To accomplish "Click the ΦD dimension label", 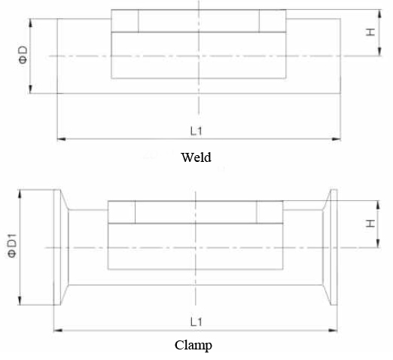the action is [23, 55].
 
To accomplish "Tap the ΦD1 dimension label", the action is [12, 246].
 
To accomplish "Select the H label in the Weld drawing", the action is [370, 32].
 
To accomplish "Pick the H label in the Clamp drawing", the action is [370, 224].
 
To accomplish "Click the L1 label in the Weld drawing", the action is [196, 131].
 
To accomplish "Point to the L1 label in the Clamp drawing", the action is [196, 322].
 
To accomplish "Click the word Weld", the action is [196, 157].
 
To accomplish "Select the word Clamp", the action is [193, 346].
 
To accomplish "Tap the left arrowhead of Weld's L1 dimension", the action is [62, 139].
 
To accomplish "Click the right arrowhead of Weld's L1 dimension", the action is [337, 139].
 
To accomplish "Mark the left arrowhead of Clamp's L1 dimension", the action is [58, 331].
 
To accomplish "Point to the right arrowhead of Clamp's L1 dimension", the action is [333, 331].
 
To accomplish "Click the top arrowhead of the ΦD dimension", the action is [31, 23].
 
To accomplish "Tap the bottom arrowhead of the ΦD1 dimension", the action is [20, 301].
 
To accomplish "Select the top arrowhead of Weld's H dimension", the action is [379, 14].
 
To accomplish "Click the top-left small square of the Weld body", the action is [125, 21].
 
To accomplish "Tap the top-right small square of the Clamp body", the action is [270, 212].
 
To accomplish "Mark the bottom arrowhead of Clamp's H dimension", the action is [378, 243].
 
